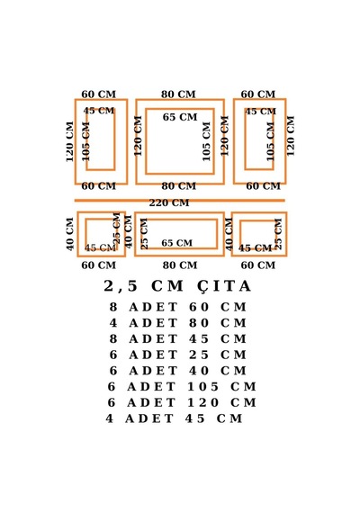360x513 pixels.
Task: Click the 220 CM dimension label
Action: [x=169, y=203]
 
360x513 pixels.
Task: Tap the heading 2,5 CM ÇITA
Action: [x=177, y=286]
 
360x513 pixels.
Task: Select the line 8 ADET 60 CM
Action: [x=177, y=307]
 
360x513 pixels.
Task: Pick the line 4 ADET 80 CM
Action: [x=177, y=323]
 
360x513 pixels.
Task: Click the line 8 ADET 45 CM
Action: [x=177, y=339]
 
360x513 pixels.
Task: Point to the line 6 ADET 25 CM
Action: [x=177, y=355]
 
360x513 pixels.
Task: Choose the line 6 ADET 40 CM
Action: [x=177, y=371]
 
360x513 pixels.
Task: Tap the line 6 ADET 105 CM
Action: [x=182, y=387]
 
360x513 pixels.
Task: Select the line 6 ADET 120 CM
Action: [x=182, y=402]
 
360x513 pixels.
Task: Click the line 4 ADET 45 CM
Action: [x=174, y=418]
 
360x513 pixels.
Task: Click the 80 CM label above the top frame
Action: [x=178, y=94]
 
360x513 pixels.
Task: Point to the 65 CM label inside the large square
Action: [x=180, y=117]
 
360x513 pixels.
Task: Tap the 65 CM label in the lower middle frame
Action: [x=177, y=243]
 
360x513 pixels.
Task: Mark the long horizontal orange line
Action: [x=180, y=201]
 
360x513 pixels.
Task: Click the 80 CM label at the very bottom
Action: [x=180, y=265]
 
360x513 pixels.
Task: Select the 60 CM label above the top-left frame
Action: [x=98, y=94]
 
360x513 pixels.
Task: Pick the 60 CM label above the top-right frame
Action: [x=258, y=94]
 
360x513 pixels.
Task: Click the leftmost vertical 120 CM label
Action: [x=69, y=141]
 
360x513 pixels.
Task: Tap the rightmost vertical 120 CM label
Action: [x=291, y=136]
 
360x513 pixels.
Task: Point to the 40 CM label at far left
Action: [x=70, y=235]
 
